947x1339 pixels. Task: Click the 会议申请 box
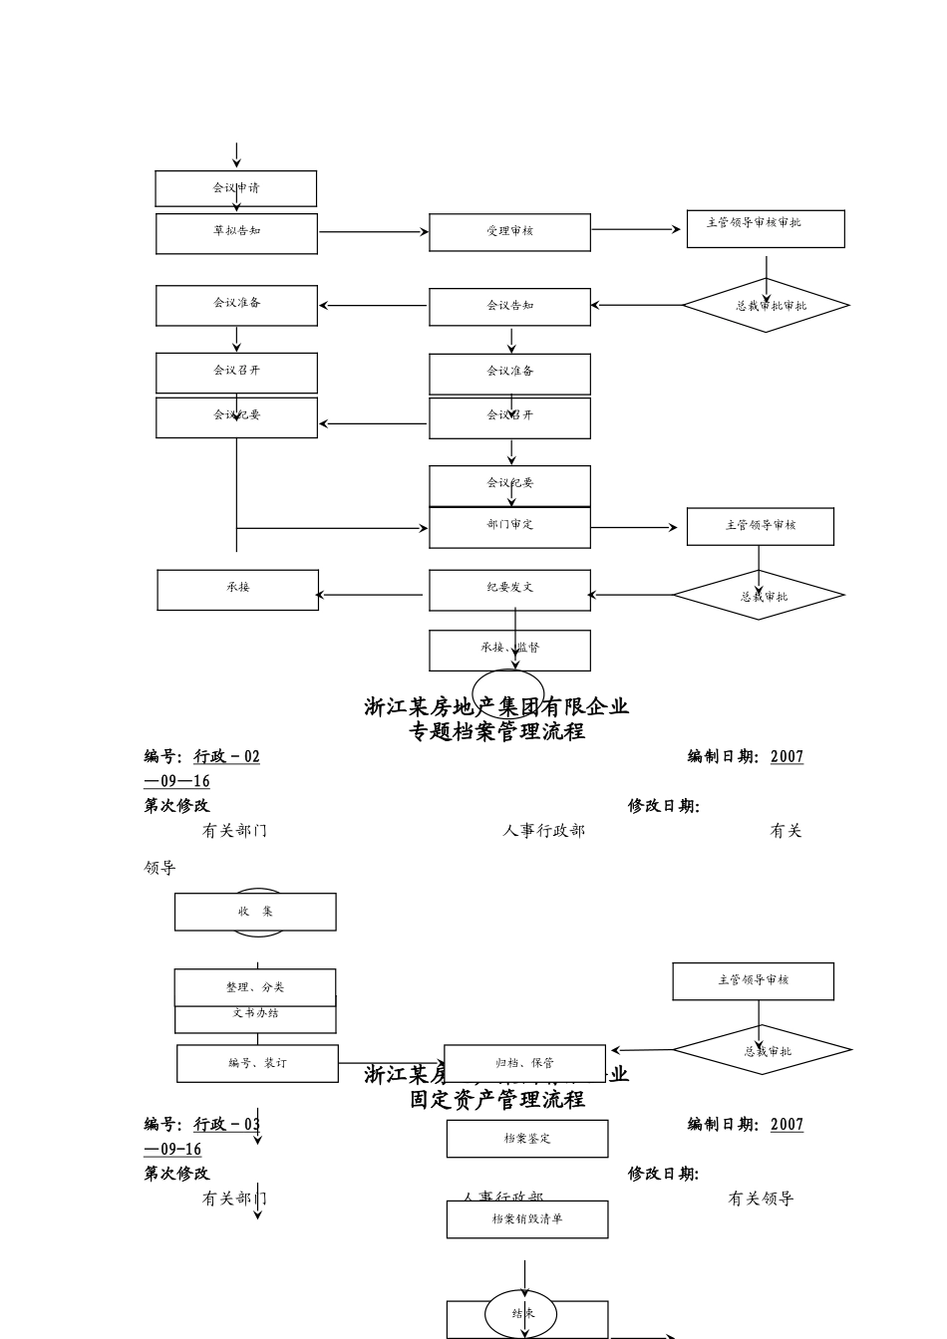click(236, 188)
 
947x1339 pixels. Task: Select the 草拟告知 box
click(236, 233)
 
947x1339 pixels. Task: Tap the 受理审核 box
click(509, 232)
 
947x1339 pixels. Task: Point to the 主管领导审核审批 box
click(765, 228)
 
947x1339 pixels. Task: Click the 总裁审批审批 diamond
click(765, 306)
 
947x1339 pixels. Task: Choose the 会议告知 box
click(509, 307)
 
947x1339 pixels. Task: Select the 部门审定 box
click(509, 527)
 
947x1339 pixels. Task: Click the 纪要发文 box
click(509, 590)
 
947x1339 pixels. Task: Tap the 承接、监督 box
click(509, 650)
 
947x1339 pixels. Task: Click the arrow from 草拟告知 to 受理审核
click(373, 232)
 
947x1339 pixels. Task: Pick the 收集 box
click(255, 912)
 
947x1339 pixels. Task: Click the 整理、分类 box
click(255, 987)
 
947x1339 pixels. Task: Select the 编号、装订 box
click(257, 1063)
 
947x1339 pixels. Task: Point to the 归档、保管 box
click(524, 1063)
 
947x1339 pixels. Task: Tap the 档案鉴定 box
click(526, 1139)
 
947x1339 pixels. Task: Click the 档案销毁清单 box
click(526, 1219)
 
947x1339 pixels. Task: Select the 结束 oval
click(521, 1314)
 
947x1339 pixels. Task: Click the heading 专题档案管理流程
click(496, 731)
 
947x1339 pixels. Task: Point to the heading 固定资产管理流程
click(496, 1099)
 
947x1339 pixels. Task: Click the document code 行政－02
click(226, 757)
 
